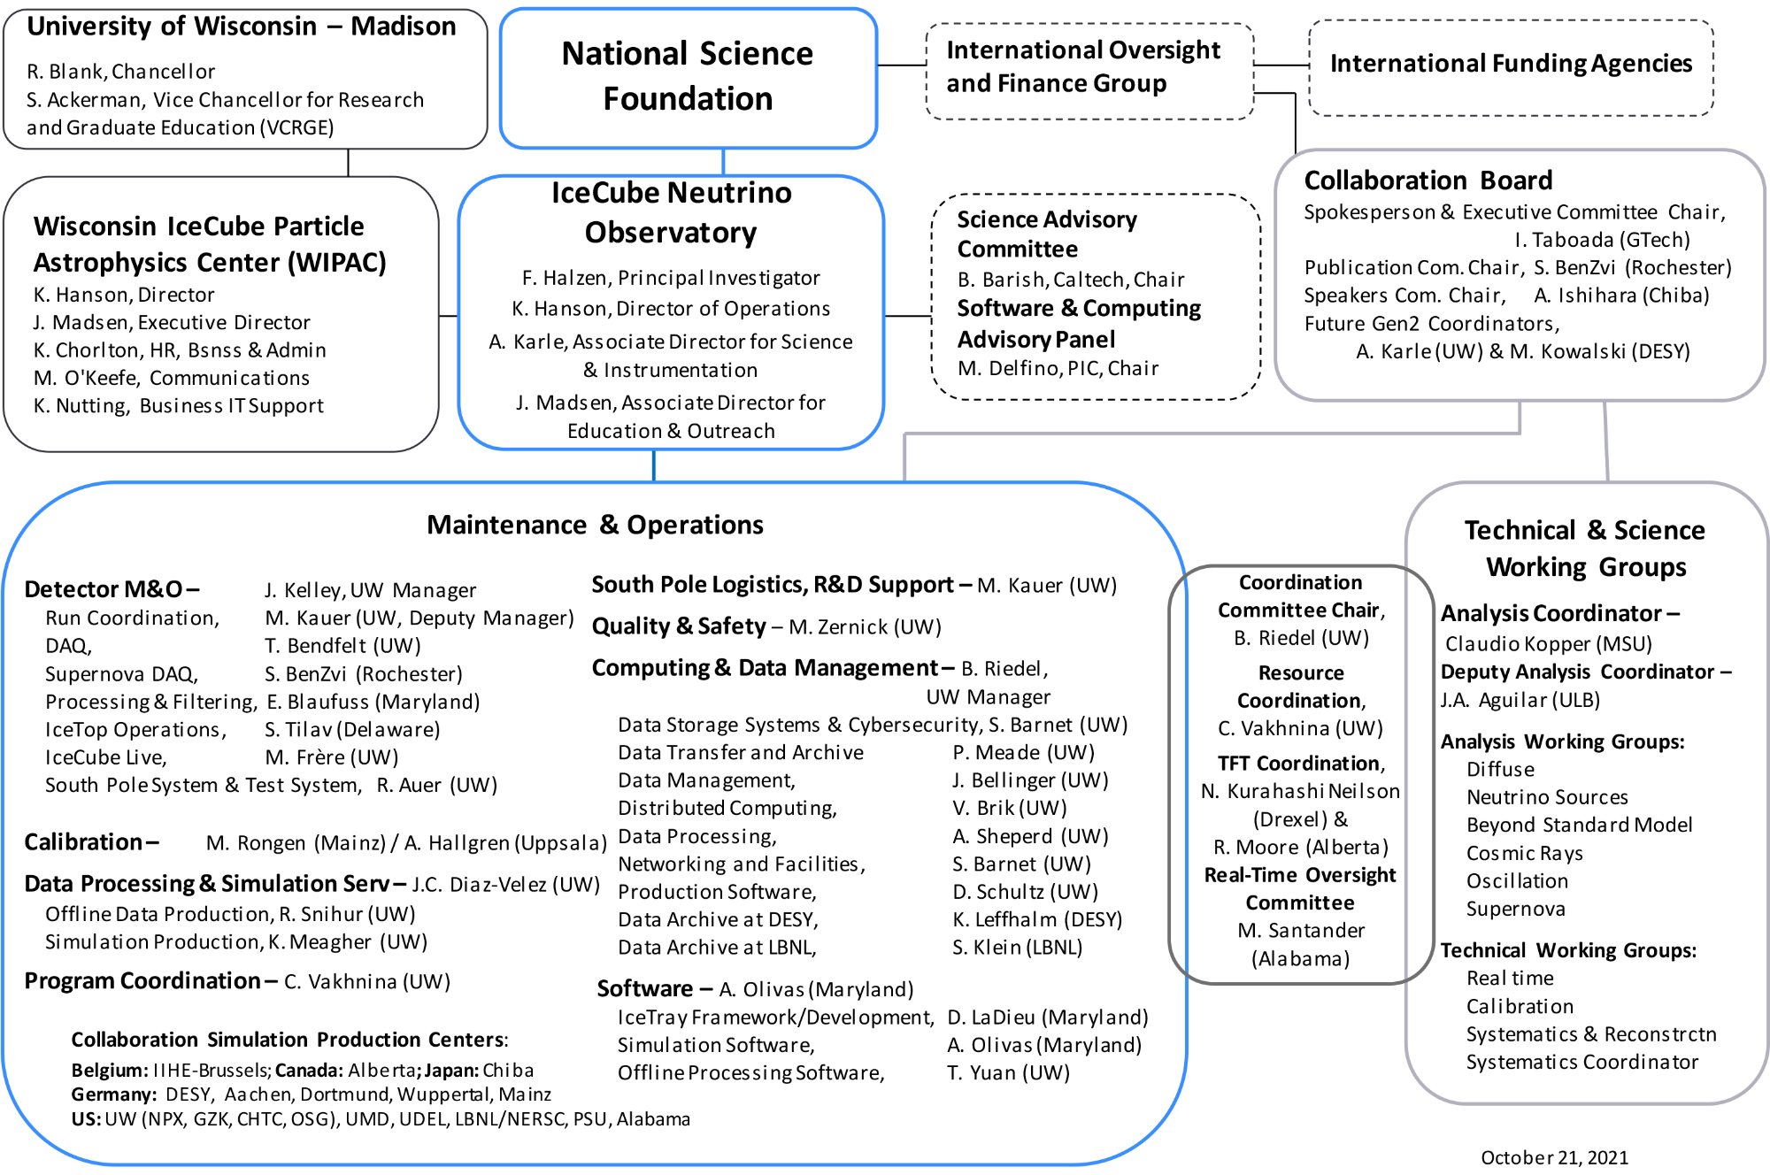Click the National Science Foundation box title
point(688,76)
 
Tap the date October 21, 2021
point(1554,1157)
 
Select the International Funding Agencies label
point(1511,64)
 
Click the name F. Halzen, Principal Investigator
point(671,278)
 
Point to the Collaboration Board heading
point(1428,180)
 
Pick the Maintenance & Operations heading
point(595,525)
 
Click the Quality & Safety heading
point(679,626)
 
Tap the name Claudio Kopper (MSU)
point(1548,643)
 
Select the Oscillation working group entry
point(1517,881)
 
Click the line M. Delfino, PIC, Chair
point(1058,368)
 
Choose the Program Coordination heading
point(142,981)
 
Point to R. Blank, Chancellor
point(120,72)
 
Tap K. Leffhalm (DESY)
point(1037,919)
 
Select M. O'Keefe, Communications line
point(172,378)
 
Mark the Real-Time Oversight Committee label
point(1300,888)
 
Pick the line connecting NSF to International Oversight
point(901,65)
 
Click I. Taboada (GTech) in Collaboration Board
point(1602,240)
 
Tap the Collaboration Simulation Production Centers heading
point(289,1040)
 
